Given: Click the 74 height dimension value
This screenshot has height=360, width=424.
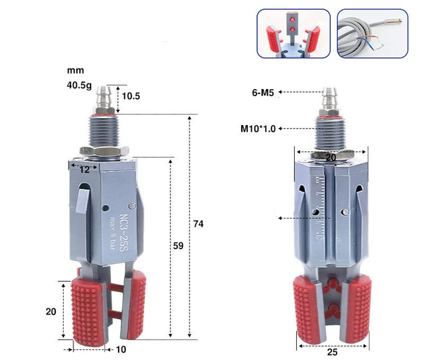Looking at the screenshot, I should pos(199,224).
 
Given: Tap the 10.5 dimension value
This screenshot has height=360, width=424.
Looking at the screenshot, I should pos(131,95).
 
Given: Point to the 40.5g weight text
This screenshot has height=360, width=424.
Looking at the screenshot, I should pos(80,86).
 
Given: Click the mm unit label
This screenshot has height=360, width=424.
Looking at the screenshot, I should pos(74,71).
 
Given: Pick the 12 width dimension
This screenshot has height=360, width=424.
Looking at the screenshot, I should pos(84,170).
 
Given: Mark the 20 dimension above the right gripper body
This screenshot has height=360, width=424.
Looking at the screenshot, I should pos(331,158).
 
